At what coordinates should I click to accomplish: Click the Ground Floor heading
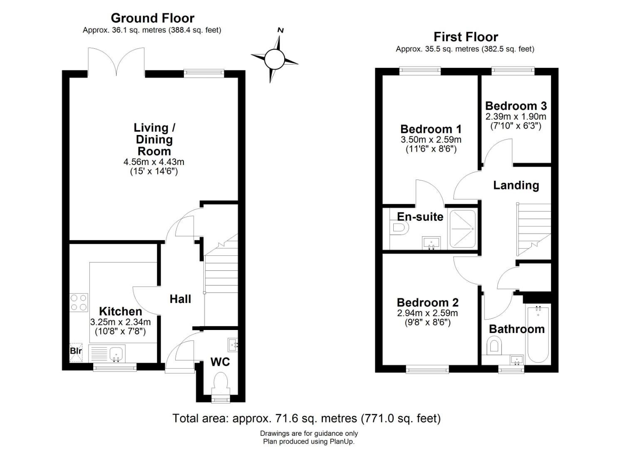153,18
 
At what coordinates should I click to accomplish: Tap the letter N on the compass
280,30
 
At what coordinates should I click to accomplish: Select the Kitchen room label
121,311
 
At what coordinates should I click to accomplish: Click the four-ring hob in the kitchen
79,303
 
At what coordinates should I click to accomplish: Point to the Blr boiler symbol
76,352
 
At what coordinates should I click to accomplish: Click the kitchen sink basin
117,354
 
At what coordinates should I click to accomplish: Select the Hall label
181,299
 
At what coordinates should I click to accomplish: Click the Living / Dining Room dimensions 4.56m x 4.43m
154,162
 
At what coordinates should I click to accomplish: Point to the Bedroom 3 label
516,106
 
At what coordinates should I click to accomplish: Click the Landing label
516,185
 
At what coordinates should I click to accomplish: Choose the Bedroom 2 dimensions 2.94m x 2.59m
427,313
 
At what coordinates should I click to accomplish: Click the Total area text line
307,418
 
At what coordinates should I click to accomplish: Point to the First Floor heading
466,37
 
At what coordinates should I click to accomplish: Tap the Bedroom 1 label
431,129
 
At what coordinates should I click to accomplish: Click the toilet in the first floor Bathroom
494,345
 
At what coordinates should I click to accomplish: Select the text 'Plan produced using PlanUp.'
309,441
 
